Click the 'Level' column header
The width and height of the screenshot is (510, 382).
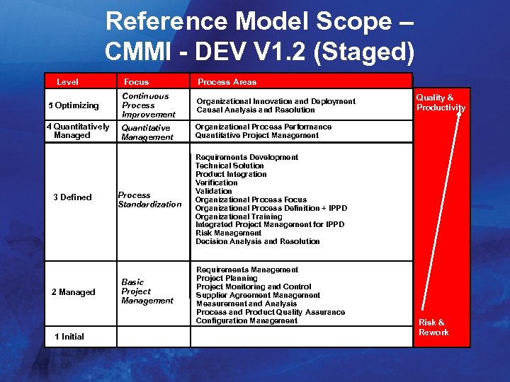[67, 82]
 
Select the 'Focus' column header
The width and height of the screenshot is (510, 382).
[136, 82]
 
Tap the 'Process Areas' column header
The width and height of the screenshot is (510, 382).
[227, 82]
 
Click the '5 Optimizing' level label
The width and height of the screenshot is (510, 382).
[74, 105]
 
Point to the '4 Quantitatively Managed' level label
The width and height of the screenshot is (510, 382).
[77, 131]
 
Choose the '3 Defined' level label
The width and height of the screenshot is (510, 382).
[72, 197]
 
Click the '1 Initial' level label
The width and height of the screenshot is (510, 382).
[69, 337]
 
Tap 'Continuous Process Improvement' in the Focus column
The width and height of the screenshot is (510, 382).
[148, 105]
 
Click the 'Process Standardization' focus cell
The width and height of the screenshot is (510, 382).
[149, 199]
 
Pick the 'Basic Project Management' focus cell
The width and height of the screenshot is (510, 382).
[147, 291]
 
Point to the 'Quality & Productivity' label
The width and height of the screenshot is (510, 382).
[441, 103]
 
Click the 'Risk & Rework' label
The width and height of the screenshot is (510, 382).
[433, 328]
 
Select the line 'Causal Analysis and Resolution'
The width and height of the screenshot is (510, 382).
[256, 110]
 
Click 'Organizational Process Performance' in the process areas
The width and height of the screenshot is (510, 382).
[263, 127]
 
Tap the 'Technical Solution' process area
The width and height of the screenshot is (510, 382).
[229, 166]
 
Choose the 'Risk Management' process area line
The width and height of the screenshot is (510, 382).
[228, 233]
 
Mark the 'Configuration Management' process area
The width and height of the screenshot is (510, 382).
[246, 320]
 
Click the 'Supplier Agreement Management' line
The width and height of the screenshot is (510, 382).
[258, 295]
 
